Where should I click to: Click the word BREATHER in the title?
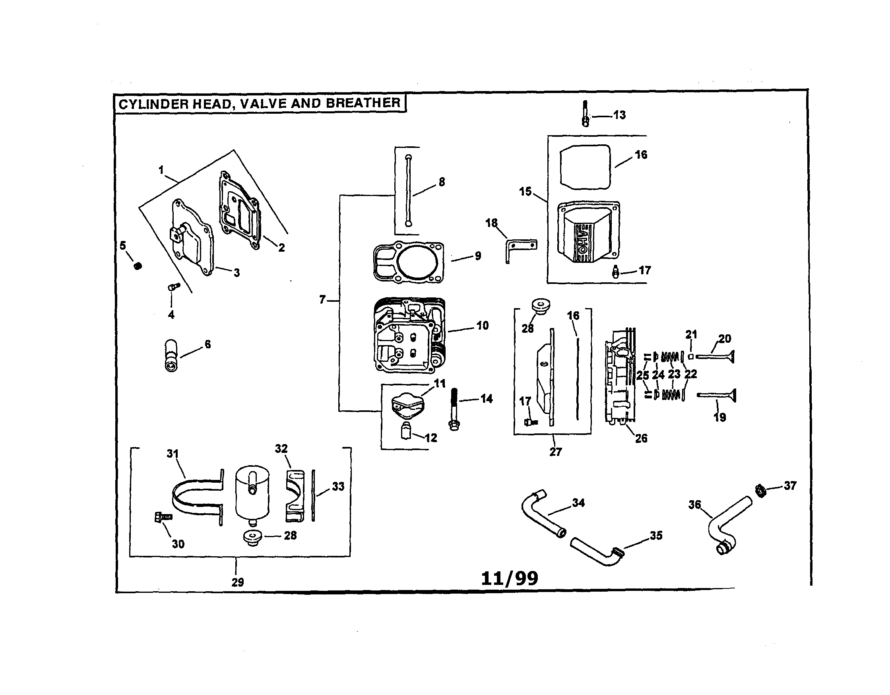click(x=363, y=103)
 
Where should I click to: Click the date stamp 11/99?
click(x=509, y=579)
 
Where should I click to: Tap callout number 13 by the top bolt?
click(x=619, y=115)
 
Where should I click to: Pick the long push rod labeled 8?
click(x=409, y=190)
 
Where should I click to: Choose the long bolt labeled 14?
click(x=454, y=410)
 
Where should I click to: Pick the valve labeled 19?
click(x=717, y=394)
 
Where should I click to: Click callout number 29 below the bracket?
click(x=238, y=582)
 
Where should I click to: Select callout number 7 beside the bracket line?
click(x=322, y=300)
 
